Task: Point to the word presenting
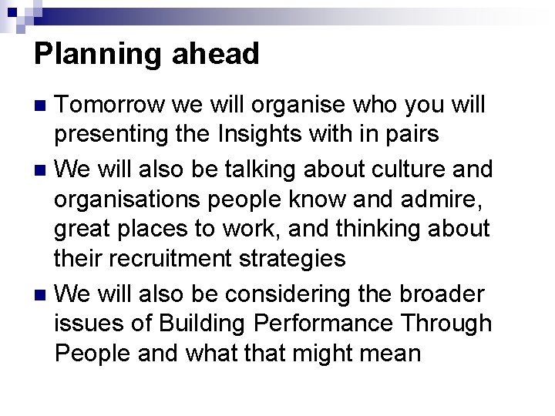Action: tap(103, 136)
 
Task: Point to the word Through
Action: tap(455, 324)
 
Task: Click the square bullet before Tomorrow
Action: tap(42, 105)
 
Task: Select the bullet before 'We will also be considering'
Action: tap(42, 294)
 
